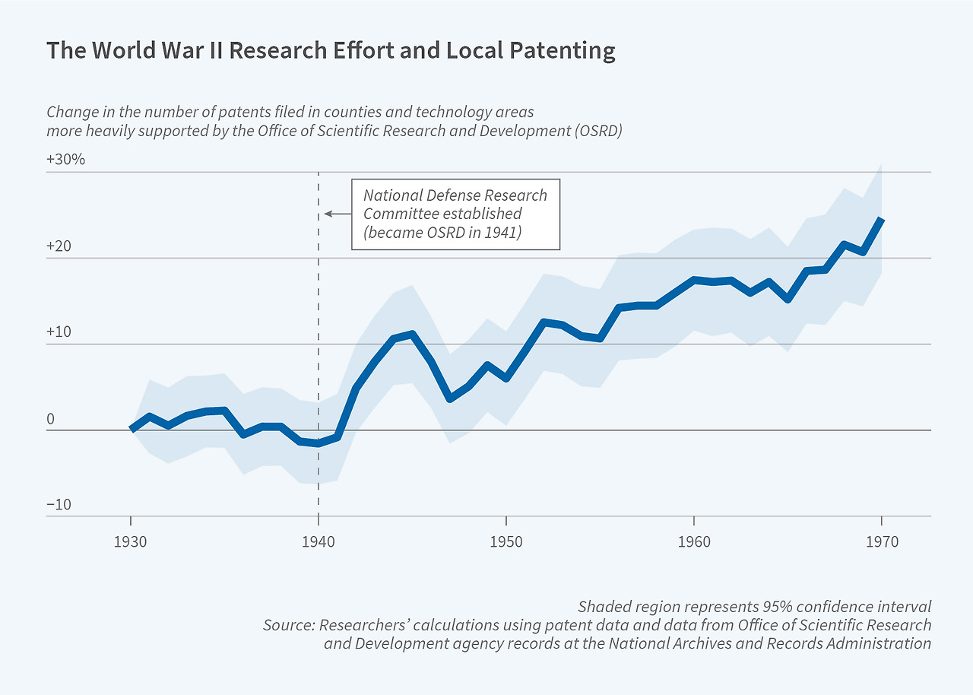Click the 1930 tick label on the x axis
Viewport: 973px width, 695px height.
[131, 542]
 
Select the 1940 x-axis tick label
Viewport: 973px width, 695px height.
[319, 542]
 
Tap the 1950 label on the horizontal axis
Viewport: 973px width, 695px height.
[506, 542]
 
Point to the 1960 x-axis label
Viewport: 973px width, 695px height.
[694, 542]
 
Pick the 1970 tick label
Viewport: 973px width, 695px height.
[882, 542]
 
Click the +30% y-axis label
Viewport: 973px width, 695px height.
[66, 160]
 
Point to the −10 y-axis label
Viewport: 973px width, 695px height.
[59, 505]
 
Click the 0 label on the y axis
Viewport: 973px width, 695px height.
[51, 419]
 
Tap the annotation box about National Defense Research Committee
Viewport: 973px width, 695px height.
[455, 214]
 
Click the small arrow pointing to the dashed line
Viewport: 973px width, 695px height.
[337, 214]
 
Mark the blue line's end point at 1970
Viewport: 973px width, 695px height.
[882, 219]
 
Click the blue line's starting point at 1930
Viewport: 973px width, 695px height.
[132, 430]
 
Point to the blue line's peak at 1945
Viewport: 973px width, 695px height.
[412, 334]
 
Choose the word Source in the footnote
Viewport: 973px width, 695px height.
[287, 625]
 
